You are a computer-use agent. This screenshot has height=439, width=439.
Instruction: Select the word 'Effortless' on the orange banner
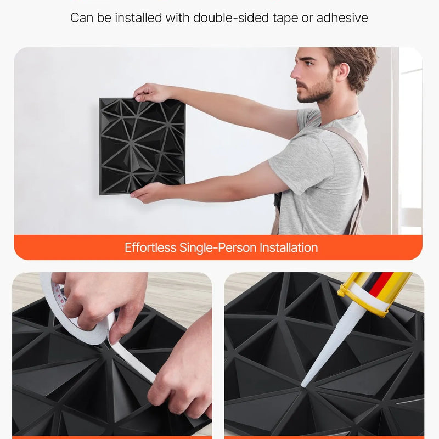click(x=150, y=247)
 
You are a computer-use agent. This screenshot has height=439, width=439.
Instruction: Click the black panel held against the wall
click(x=142, y=145)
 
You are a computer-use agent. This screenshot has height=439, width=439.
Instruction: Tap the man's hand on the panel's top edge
click(x=149, y=92)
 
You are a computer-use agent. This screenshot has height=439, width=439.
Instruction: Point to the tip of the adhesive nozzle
click(x=303, y=384)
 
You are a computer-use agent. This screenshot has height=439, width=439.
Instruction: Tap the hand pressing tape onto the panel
click(x=181, y=373)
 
